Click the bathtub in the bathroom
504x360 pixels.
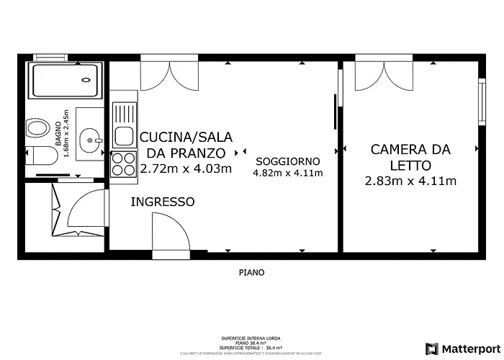[x=64, y=81]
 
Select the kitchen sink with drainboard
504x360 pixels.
[x=124, y=123]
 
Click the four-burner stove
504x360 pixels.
[x=124, y=163]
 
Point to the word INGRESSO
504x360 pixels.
[x=162, y=202]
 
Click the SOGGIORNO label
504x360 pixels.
[x=287, y=160]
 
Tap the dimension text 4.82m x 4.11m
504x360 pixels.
[x=287, y=173]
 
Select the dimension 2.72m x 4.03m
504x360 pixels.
[x=186, y=168]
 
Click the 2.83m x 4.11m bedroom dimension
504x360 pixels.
[x=410, y=181]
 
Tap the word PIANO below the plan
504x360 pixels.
[x=251, y=273]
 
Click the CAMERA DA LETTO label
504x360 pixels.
[x=410, y=158]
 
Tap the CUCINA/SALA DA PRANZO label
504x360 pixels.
[x=186, y=145]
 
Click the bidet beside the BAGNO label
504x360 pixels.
[x=34, y=130]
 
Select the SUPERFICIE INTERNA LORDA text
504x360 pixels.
[x=251, y=338]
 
